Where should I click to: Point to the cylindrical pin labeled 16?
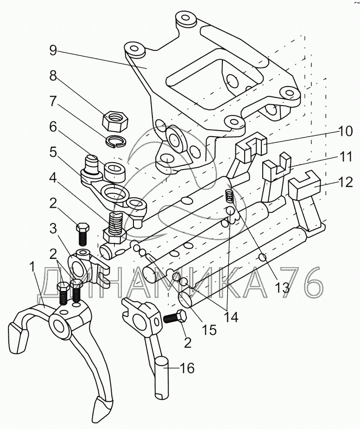click(162, 377)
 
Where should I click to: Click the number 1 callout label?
click(32, 266)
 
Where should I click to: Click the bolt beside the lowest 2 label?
click(174, 319)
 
